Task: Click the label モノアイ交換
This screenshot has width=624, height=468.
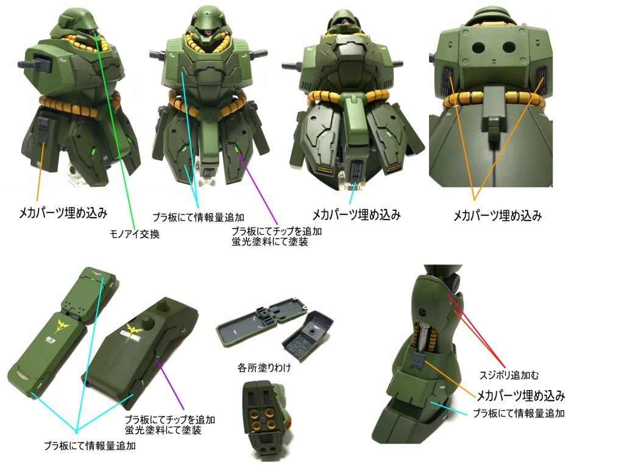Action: tap(135, 234)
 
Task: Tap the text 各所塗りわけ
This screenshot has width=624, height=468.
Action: tap(264, 367)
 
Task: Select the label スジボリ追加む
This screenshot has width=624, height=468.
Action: tap(509, 375)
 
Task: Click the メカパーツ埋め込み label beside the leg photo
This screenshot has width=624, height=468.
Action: tap(520, 395)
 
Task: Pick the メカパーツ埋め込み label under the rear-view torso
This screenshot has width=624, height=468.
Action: tap(497, 216)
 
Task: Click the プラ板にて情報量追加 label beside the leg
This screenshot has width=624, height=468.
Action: tap(519, 414)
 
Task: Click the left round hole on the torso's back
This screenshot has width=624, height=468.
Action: tap(477, 48)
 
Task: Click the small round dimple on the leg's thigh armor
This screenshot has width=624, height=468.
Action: tap(422, 310)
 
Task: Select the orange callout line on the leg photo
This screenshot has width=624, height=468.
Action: tap(450, 379)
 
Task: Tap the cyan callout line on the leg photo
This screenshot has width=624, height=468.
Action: tap(449, 408)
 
